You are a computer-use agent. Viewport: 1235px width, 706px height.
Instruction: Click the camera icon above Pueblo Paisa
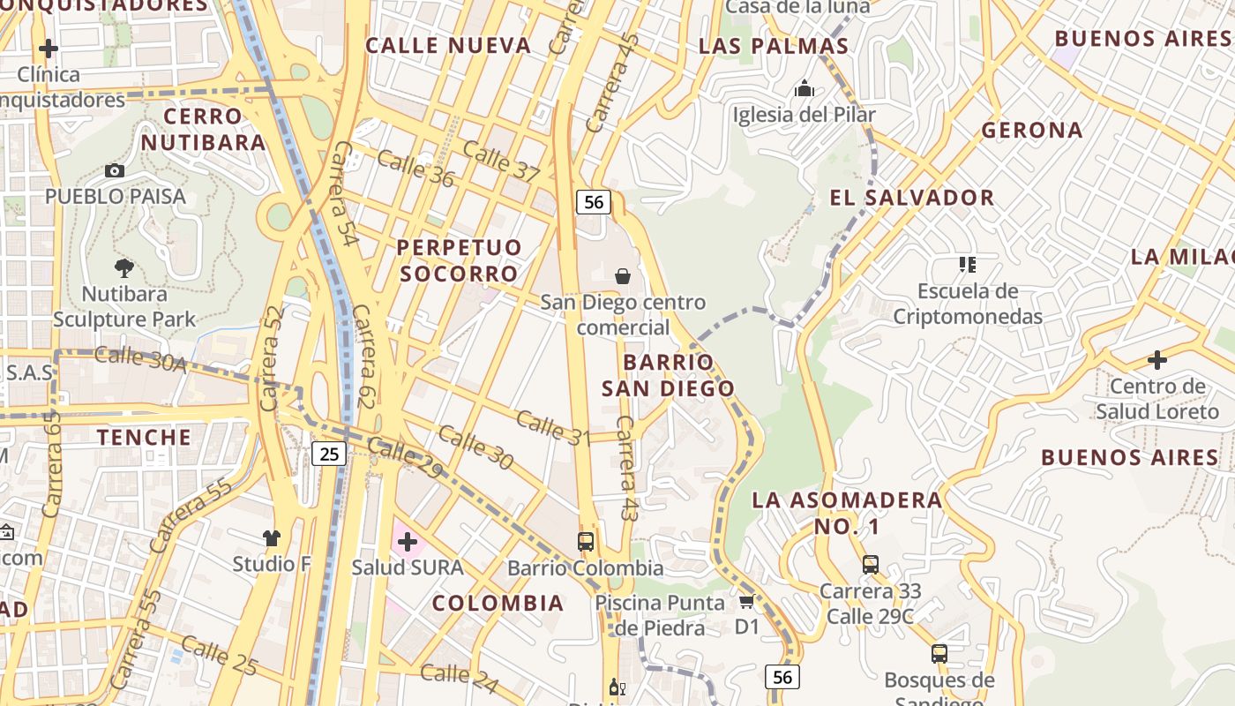click(115, 170)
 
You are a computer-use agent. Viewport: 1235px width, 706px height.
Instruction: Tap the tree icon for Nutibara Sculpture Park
click(124, 267)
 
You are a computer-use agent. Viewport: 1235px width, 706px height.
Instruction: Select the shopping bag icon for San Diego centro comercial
click(623, 276)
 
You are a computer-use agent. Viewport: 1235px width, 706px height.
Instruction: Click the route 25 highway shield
click(329, 454)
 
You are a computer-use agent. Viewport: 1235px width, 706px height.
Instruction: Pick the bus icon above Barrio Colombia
click(586, 541)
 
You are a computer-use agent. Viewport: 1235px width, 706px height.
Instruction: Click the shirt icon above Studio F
click(271, 537)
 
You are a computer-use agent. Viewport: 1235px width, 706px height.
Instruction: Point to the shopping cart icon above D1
click(746, 602)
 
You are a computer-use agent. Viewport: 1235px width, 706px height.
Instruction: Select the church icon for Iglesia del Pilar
click(804, 88)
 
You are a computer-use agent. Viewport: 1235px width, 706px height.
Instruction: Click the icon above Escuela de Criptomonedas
click(968, 265)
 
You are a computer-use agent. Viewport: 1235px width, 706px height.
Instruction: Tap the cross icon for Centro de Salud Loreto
click(1156, 360)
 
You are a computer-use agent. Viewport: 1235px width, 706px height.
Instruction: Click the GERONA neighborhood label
click(1032, 130)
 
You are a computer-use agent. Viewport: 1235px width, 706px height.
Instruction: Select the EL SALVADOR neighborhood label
click(912, 198)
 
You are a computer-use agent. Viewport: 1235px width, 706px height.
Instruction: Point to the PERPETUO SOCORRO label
click(459, 260)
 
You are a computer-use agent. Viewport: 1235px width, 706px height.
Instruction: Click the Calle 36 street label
click(415, 169)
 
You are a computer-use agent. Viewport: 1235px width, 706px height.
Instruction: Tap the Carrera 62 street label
click(362, 357)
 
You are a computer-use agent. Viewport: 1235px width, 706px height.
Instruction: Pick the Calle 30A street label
click(140, 359)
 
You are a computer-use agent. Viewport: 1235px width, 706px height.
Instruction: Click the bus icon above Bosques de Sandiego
click(939, 654)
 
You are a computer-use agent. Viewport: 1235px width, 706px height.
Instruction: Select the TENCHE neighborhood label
click(144, 437)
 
